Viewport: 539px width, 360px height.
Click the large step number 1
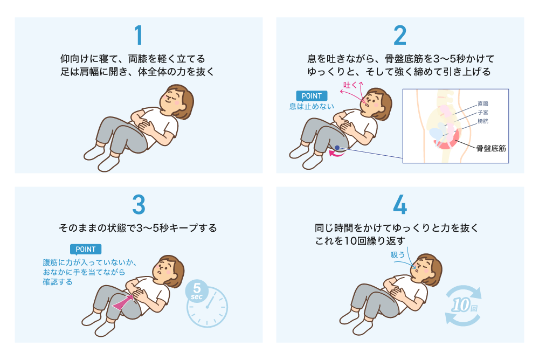139,35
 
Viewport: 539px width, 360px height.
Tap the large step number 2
400,35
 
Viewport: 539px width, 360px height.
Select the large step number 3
139,205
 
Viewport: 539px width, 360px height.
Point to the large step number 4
400,205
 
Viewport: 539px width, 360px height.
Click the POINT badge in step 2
312,96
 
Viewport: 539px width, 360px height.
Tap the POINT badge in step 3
86,250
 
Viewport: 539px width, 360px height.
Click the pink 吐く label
350,85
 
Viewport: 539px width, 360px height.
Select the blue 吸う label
398,255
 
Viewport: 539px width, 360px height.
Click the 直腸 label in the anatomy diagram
482,103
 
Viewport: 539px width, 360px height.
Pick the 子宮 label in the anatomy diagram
482,113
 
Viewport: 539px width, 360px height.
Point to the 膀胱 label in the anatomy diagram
482,121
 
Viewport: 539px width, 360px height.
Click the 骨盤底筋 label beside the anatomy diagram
491,149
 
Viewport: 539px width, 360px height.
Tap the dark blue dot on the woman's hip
337,148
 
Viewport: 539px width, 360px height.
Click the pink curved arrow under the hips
337,154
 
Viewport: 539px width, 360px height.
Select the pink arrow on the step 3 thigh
123,302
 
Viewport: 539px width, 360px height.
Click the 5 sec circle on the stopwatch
197,291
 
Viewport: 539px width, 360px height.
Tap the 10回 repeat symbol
463,305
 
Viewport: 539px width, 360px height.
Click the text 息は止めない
312,106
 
